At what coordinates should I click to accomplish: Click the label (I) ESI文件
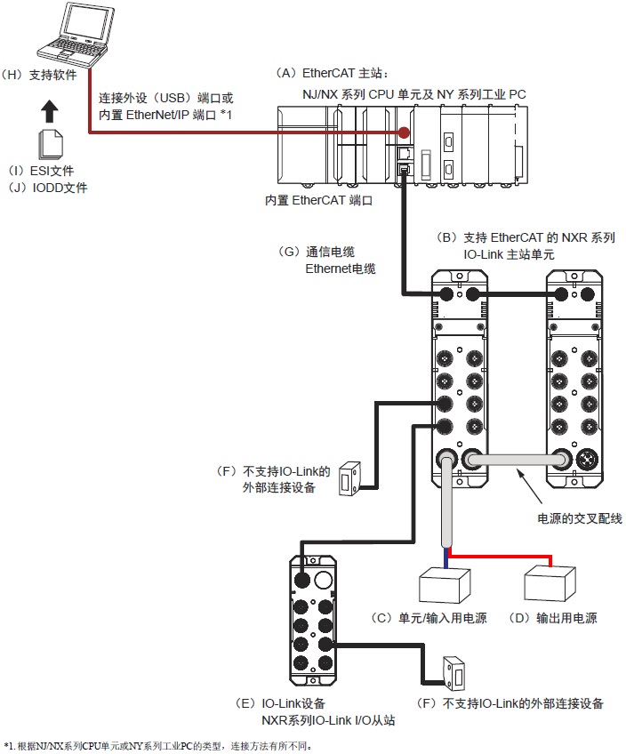(x=41, y=170)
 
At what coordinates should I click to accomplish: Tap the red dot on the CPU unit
(x=405, y=132)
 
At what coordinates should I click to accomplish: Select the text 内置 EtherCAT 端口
(x=317, y=201)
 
